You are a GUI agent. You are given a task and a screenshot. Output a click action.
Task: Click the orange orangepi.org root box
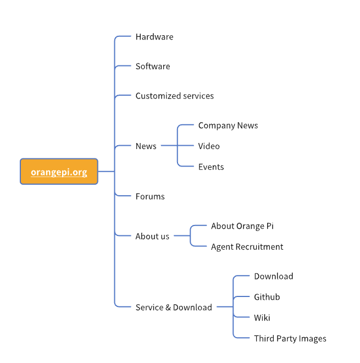tap(59, 172)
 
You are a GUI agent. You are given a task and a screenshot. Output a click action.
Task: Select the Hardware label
tap(154, 37)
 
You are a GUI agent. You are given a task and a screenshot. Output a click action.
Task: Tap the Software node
tap(153, 67)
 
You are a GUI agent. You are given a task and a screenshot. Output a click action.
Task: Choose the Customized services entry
tap(174, 96)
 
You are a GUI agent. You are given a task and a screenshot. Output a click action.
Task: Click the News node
tap(146, 146)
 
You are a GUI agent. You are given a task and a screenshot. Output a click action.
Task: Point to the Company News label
tap(228, 125)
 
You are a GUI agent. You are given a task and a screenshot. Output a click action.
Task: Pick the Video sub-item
tap(209, 146)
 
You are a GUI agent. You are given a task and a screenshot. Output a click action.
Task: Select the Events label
tap(211, 167)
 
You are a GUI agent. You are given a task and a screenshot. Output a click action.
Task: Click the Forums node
tap(150, 196)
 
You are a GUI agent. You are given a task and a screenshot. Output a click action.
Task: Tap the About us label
tap(152, 237)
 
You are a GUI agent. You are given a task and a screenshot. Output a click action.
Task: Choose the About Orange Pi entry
tap(242, 226)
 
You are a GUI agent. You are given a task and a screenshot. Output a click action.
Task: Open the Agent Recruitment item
tap(247, 247)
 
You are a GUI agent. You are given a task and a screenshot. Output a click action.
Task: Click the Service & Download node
tap(174, 307)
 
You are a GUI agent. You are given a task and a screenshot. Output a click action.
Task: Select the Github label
tap(267, 297)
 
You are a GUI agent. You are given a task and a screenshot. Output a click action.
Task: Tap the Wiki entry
tap(262, 318)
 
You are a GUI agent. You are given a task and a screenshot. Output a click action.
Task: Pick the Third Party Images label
tap(290, 339)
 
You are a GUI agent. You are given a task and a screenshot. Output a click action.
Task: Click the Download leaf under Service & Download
tap(273, 276)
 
